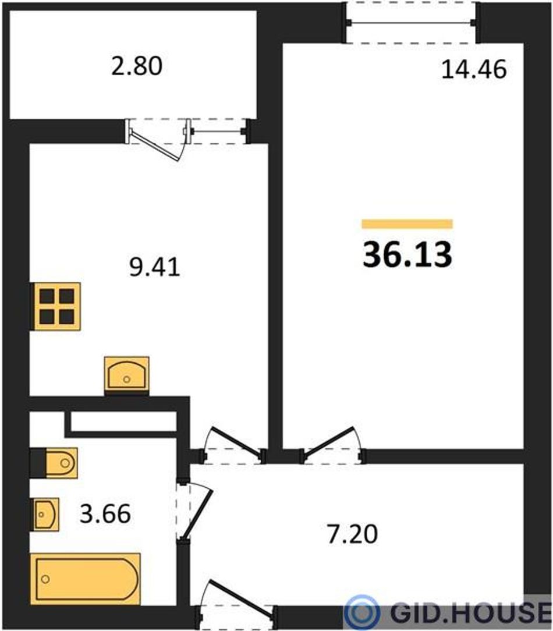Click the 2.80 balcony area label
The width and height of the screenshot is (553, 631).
pos(137,66)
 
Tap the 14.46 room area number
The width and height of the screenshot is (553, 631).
pos(474,69)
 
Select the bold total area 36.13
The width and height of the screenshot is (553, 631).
pos(407,255)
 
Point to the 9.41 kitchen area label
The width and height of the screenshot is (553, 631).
pos(155,267)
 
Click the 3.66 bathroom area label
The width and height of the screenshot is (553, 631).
pos(105,513)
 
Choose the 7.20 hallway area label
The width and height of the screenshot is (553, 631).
pos(353,534)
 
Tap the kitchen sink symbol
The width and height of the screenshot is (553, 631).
pos(127,375)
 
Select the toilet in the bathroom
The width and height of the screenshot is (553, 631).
pos(54,463)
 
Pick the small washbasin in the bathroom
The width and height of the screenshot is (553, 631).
pos(46,515)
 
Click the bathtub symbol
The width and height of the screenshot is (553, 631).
pos(86,579)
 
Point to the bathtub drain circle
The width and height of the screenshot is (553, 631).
pos(45,579)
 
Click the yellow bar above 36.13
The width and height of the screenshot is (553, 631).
pos(407,224)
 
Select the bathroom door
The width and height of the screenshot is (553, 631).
pos(195,512)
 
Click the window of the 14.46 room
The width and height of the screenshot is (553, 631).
pos(411,23)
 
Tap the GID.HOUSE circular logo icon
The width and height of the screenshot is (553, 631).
pos(363,612)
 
